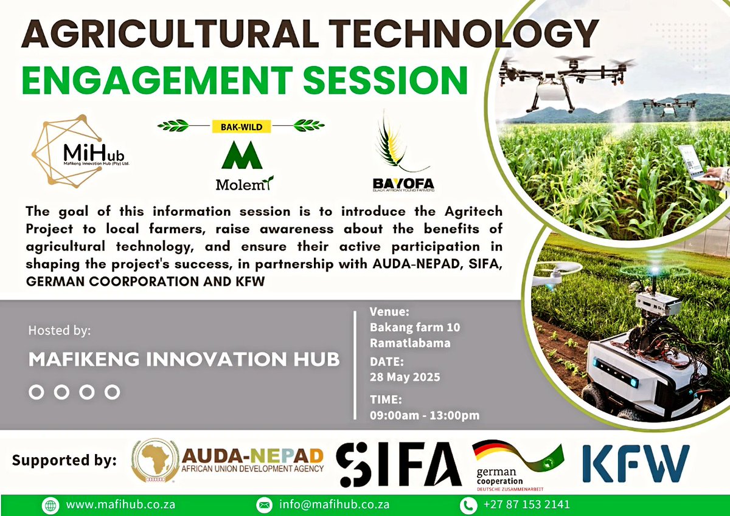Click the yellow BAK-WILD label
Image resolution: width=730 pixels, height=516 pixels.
(240, 126)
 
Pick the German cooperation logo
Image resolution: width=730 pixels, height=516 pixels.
(518, 465)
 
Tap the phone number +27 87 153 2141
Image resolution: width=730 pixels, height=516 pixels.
(527, 504)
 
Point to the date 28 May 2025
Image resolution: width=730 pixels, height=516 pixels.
(405, 377)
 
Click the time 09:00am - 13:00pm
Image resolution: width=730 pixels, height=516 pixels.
(425, 416)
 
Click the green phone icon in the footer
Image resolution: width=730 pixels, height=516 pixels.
(468, 504)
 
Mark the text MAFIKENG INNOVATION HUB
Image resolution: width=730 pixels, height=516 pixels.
(184, 359)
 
